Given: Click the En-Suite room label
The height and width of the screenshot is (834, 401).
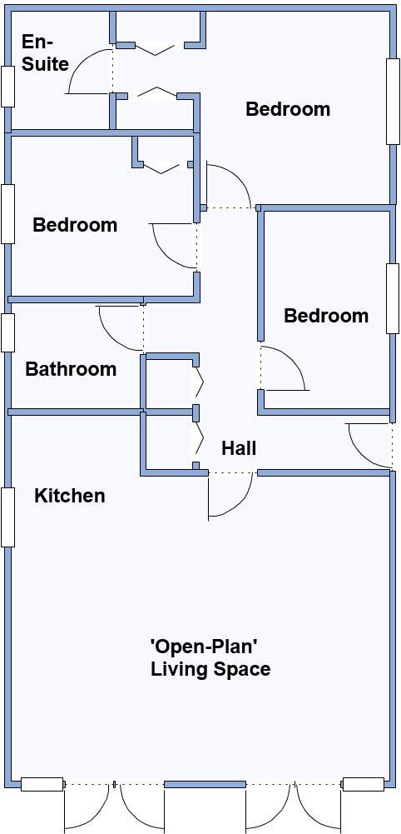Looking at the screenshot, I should click(x=45, y=52).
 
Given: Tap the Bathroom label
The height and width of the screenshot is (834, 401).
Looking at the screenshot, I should click(x=71, y=369).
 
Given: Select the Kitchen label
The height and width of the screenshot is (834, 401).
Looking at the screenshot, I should click(x=69, y=496).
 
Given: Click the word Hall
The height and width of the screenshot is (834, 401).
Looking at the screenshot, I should click(x=239, y=448).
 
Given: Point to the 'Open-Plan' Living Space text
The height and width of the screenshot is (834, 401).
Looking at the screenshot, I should click(x=210, y=658).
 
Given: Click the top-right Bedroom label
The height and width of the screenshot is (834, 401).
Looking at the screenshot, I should click(x=288, y=109).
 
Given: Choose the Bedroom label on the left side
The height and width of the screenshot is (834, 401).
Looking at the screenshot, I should click(x=75, y=225).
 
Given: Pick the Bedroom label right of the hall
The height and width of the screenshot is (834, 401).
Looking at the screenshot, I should click(x=326, y=316).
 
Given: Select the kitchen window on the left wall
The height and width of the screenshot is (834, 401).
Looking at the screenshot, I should click(x=7, y=517).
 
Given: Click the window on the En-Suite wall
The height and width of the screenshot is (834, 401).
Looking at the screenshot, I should click(x=7, y=86).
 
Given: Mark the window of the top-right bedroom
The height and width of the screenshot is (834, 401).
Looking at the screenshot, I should click(x=393, y=101).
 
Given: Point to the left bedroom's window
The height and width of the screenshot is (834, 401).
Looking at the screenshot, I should click(x=7, y=213).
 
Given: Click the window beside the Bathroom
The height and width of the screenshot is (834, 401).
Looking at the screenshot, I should click(x=7, y=332).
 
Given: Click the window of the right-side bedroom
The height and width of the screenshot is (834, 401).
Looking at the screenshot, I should click(x=393, y=298).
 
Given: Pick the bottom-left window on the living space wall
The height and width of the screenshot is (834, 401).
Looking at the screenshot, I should click(x=42, y=784).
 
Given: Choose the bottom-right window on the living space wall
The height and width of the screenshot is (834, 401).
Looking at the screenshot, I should click(x=364, y=784).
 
